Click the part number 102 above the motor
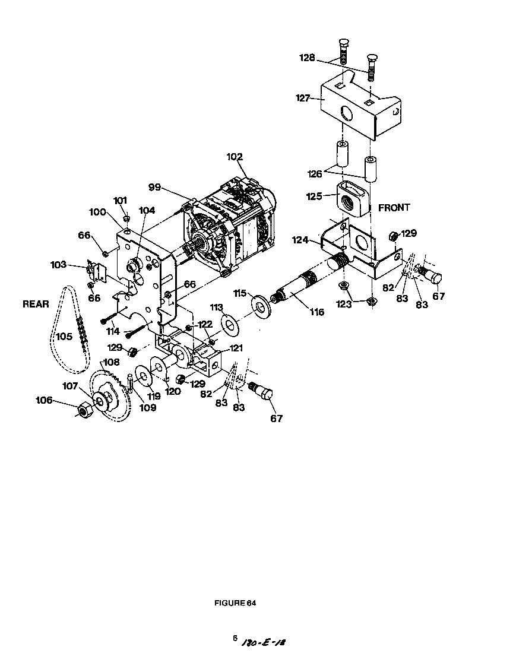coord(235,157)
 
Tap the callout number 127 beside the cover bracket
coord(303,99)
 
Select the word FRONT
coord(394,208)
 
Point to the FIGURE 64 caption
coord(235,603)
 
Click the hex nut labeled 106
coord(84,409)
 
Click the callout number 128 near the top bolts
coord(306,57)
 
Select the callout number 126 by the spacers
coord(315,173)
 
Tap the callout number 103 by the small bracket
coord(58,265)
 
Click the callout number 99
coord(154,186)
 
